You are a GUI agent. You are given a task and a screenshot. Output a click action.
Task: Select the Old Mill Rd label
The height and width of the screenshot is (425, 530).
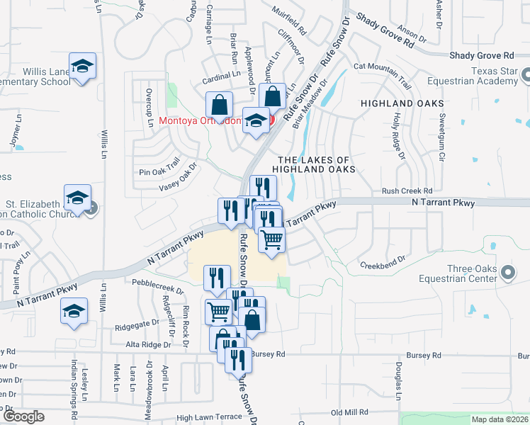tap(350, 412)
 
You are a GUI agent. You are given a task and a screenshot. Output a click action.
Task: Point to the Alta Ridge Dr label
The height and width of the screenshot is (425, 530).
tap(148, 344)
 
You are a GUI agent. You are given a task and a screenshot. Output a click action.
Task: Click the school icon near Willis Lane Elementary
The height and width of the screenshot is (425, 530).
tap(83, 66)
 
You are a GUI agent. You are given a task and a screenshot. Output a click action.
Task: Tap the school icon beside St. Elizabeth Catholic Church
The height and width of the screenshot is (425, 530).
tap(78, 198)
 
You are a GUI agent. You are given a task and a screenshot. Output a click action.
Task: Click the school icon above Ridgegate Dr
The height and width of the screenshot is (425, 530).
tap(74, 311)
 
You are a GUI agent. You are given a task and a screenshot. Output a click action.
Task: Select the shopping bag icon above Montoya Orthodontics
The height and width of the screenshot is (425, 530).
tap(220, 105)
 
